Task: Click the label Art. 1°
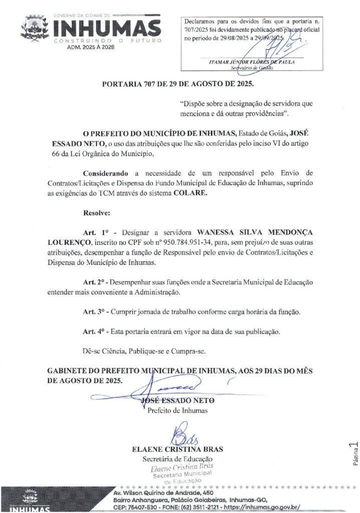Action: tap(96, 232)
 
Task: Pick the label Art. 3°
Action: tap(95, 311)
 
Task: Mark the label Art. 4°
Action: tap(95, 331)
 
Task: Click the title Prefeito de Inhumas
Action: tap(178, 411)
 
